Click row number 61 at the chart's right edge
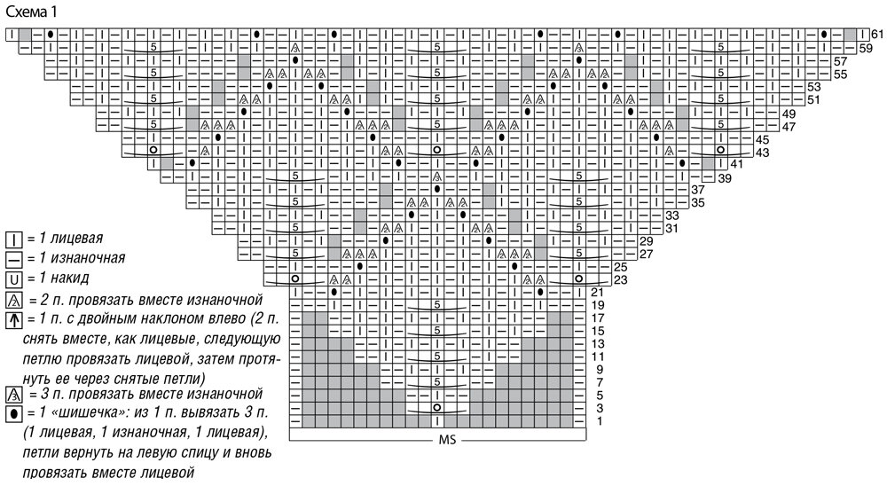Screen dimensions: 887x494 click(x=876, y=34)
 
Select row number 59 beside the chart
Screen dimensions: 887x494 click(x=865, y=47)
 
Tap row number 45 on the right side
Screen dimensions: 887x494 click(x=762, y=140)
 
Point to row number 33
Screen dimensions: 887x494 click(x=671, y=216)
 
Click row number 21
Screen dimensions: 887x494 click(x=597, y=292)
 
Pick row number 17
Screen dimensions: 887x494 click(x=597, y=318)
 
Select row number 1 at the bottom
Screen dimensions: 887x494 click(x=600, y=420)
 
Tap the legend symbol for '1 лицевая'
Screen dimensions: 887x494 click(x=14, y=239)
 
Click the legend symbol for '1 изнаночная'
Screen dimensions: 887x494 click(x=14, y=259)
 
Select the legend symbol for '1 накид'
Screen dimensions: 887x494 click(x=14, y=279)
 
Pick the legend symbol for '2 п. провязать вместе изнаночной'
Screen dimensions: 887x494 click(x=14, y=300)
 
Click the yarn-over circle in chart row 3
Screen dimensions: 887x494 click(x=437, y=408)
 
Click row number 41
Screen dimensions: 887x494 click(x=737, y=165)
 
